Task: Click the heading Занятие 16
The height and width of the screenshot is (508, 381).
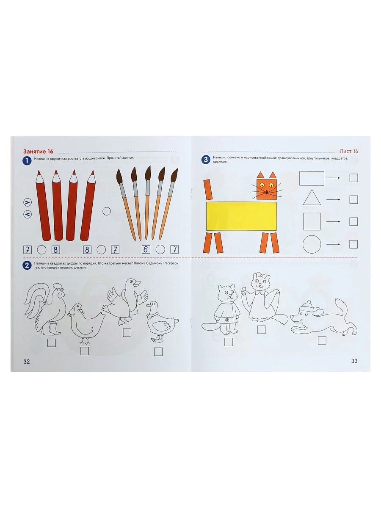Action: [38, 152]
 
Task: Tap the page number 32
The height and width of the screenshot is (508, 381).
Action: [27, 362]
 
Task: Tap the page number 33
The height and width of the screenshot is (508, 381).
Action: [354, 361]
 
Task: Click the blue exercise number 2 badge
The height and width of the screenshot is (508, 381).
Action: [27, 265]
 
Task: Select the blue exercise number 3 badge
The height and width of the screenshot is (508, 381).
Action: [206, 160]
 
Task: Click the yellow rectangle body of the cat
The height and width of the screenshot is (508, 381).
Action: [241, 216]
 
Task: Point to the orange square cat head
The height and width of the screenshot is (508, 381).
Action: [267, 189]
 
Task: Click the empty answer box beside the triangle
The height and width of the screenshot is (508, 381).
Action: [353, 199]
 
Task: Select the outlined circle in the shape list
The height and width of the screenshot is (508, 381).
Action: [312, 244]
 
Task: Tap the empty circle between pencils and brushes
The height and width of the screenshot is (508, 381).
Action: [107, 211]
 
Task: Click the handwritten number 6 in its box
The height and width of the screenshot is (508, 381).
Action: [146, 249]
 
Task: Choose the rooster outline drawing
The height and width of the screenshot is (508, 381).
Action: [44, 309]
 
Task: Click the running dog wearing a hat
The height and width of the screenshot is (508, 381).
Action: [324, 317]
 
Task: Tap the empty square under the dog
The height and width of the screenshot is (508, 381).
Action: [322, 340]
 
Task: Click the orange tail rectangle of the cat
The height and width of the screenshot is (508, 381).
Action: [208, 189]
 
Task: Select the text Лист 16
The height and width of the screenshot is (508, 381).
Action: [348, 151]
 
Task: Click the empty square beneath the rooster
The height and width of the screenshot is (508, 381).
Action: [52, 343]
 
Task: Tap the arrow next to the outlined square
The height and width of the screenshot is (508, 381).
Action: [333, 222]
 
